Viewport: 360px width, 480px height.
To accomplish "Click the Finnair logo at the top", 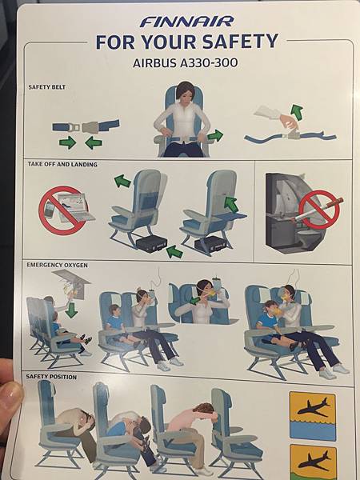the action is tap(186, 22).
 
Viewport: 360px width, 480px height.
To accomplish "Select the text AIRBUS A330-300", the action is tap(186, 63).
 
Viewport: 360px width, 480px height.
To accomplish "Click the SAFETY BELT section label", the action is tap(47, 87).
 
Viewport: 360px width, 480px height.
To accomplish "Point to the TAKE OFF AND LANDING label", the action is tap(62, 164).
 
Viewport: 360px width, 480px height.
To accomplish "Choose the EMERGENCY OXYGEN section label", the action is tap(58, 265).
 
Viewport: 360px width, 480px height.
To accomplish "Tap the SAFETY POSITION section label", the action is tap(51, 377).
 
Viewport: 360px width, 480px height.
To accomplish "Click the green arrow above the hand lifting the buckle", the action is tap(297, 111).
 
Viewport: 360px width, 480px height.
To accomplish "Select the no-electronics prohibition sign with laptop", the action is tap(63, 210).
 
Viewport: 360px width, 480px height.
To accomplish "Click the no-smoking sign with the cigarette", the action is tap(319, 210).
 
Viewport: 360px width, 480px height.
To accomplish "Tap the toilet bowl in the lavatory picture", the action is tap(309, 238).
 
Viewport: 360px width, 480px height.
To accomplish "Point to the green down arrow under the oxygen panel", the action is tap(71, 310).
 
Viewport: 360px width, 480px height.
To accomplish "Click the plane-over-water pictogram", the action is tap(313, 416).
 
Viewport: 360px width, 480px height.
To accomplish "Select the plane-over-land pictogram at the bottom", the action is tap(313, 462).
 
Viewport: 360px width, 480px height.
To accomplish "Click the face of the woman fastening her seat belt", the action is tap(185, 94).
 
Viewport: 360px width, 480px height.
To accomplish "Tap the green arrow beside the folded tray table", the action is tap(231, 205).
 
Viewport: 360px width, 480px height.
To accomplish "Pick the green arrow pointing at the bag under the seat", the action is tap(174, 252).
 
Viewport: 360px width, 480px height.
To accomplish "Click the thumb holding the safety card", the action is tap(9, 402).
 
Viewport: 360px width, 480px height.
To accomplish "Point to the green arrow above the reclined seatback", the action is tap(122, 181).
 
